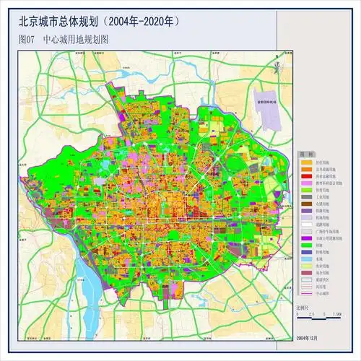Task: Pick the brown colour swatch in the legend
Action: pos(305,204)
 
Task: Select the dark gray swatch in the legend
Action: pos(305,196)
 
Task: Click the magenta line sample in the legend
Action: pos(305,294)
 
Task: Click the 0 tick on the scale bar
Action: pos(297,315)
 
